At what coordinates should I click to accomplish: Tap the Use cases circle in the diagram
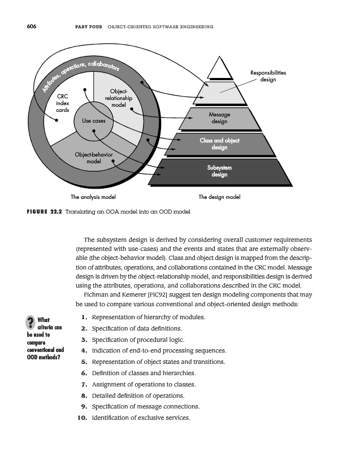pos(94,120)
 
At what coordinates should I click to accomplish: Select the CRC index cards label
pos(63,103)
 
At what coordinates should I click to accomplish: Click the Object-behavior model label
pos(93,158)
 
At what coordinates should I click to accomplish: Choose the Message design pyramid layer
pos(219,118)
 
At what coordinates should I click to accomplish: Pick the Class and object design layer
pos(219,144)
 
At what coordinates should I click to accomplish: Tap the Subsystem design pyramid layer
pos(219,171)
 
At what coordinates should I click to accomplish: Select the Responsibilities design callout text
pos(268,76)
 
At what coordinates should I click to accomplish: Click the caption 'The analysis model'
pos(93,197)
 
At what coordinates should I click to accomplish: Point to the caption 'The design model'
pos(219,197)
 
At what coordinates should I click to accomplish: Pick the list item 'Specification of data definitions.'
pos(134,328)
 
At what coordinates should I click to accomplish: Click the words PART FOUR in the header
pos(86,27)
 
